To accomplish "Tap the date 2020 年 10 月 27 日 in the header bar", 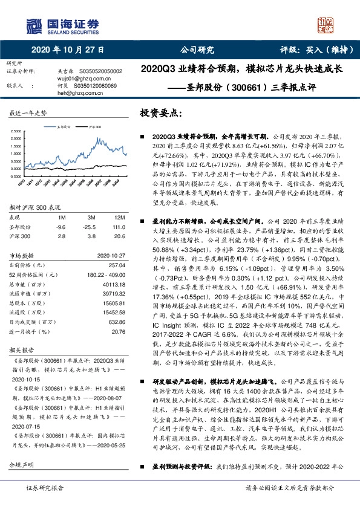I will tap(67, 50).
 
